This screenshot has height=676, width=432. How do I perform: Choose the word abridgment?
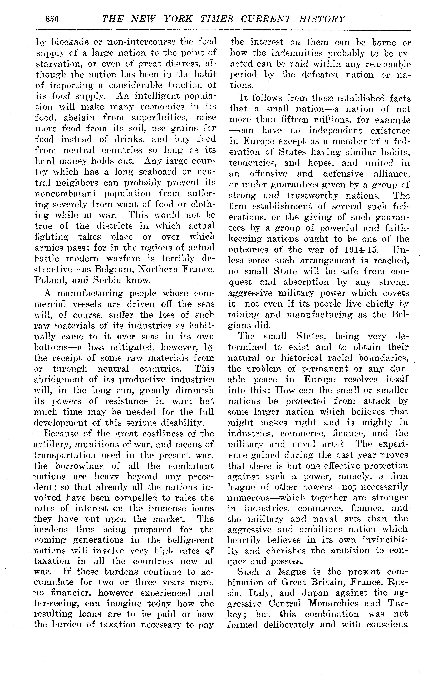click(x=59, y=380)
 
